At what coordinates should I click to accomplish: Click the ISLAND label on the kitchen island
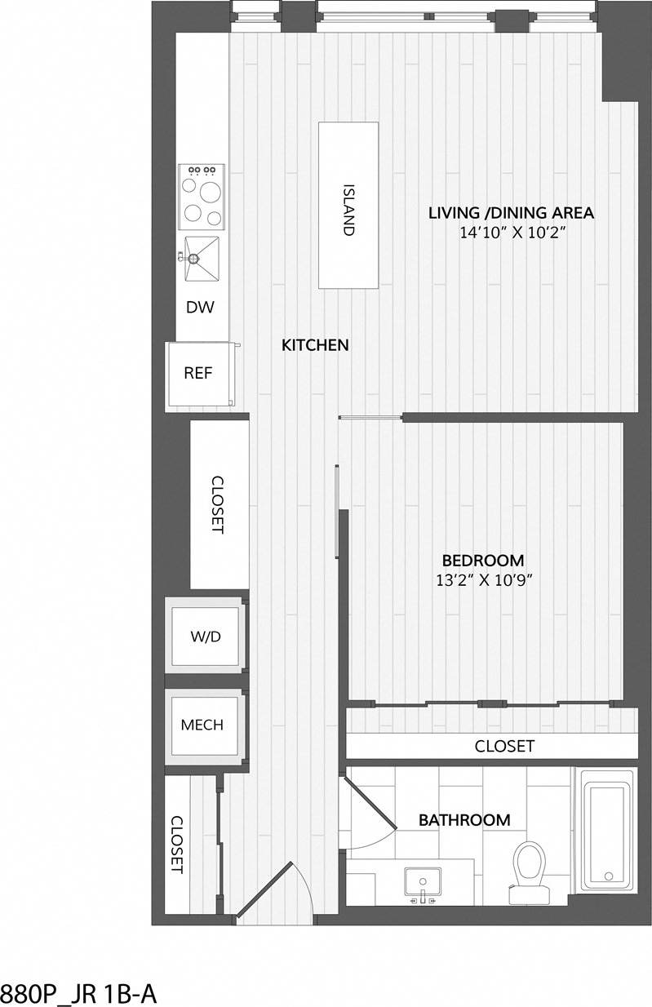click(x=348, y=208)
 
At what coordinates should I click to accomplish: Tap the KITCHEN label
click(x=315, y=345)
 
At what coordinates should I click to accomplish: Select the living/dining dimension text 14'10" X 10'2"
click(x=512, y=233)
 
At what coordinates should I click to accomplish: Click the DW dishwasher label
click(x=200, y=308)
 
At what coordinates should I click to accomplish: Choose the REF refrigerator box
click(x=198, y=374)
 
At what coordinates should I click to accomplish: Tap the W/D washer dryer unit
click(x=205, y=637)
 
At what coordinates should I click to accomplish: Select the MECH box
click(x=202, y=725)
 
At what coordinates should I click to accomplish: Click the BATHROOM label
click(x=464, y=820)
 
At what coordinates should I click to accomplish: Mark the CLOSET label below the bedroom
click(x=504, y=746)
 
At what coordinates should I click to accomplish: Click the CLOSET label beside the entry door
click(x=175, y=845)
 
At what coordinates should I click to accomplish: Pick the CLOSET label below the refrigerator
click(x=217, y=504)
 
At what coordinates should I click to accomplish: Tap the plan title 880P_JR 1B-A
click(x=78, y=993)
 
